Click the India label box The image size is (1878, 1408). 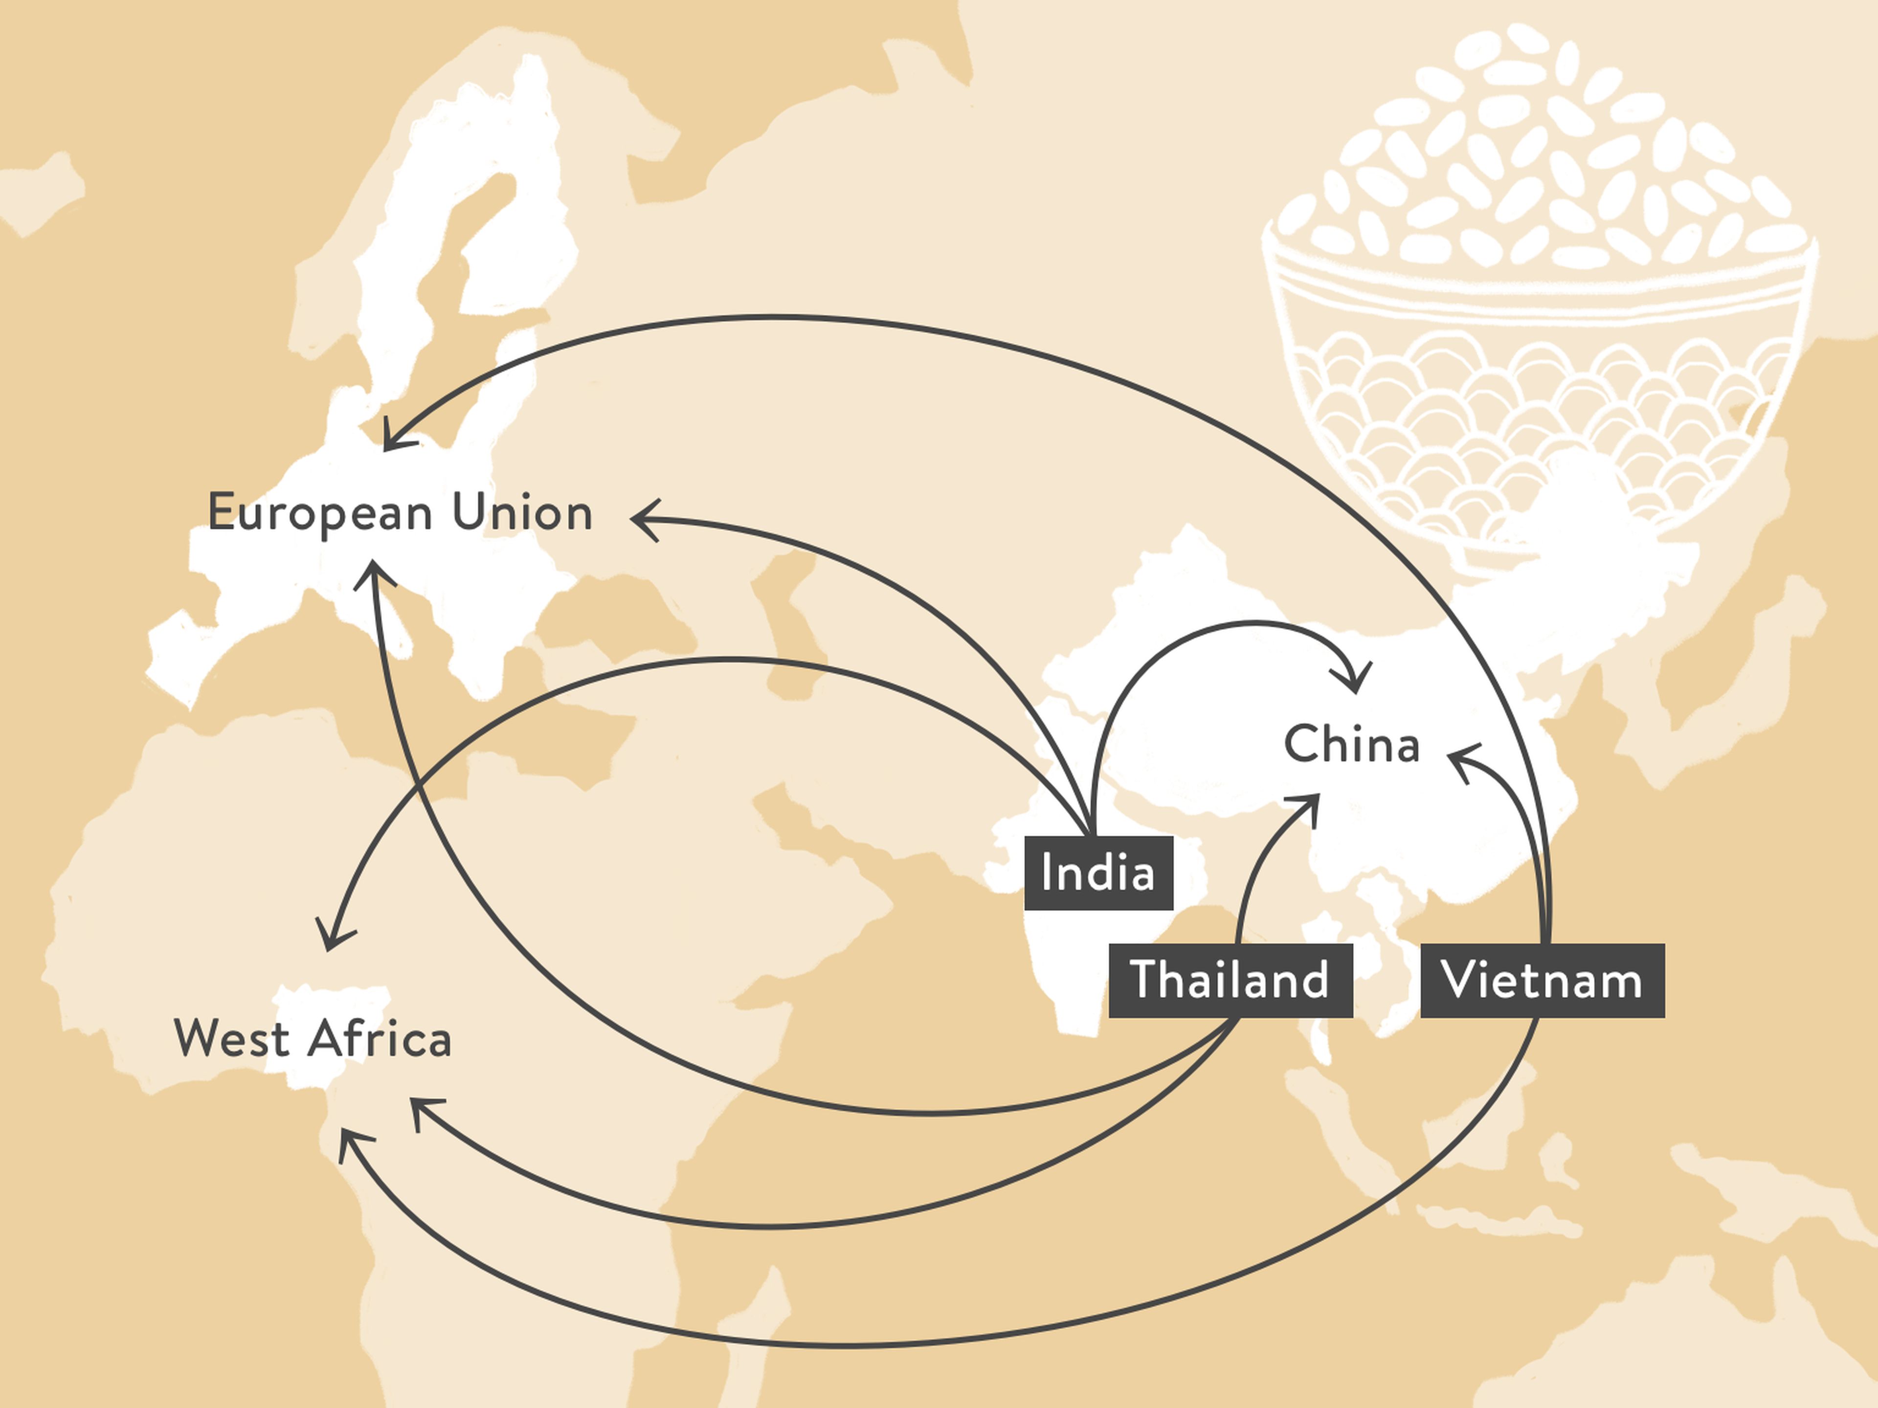[1098, 873]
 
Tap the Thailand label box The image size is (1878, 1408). [1230, 980]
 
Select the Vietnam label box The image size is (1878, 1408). [1543, 980]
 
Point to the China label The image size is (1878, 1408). [1352, 744]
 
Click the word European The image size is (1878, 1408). [321, 513]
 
